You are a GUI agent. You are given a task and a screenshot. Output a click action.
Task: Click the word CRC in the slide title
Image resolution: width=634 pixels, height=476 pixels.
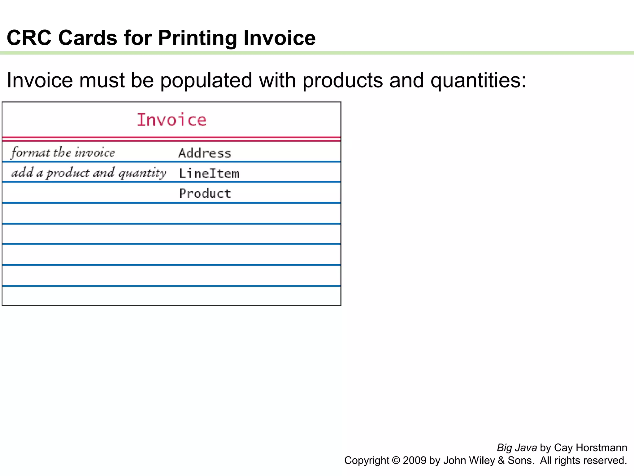pos(29,38)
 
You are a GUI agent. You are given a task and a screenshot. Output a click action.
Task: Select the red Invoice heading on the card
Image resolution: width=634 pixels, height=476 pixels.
pos(172,120)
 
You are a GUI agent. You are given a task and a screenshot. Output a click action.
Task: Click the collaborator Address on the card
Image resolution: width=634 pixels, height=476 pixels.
pos(205,153)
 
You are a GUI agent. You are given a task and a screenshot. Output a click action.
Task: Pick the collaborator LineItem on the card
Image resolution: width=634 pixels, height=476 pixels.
pos(209,173)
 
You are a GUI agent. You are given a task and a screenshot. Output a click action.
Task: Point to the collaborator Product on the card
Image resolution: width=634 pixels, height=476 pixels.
pos(205,194)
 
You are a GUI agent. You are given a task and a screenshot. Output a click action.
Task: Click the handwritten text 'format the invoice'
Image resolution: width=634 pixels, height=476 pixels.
pos(63,152)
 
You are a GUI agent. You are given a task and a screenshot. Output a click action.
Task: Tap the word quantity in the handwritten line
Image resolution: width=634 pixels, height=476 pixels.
pos(142,173)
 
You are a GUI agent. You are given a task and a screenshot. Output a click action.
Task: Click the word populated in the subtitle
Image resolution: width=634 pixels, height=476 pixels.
pos(206,81)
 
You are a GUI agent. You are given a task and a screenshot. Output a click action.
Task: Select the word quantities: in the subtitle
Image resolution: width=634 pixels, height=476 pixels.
pos(478,81)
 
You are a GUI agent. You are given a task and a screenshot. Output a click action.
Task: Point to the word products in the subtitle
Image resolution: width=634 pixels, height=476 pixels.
pos(342,81)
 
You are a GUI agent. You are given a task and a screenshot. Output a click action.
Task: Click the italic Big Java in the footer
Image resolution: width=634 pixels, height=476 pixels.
pos(517,448)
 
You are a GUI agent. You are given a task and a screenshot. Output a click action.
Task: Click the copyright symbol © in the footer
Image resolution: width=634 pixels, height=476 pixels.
pos(396,461)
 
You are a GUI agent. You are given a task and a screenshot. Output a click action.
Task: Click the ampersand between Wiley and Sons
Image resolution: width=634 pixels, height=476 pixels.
pos(501,461)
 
